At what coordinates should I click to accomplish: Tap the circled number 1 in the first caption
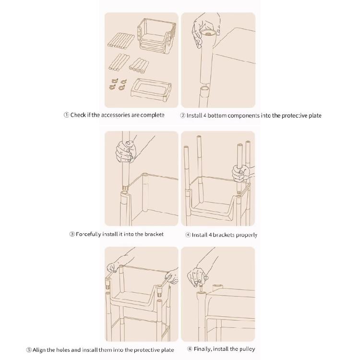[x=66, y=115]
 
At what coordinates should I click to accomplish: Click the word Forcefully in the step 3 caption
[x=88, y=234]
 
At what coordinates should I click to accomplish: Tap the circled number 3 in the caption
[x=72, y=234]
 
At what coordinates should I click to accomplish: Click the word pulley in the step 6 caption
[x=246, y=349]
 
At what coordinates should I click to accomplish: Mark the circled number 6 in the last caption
[x=190, y=349]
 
